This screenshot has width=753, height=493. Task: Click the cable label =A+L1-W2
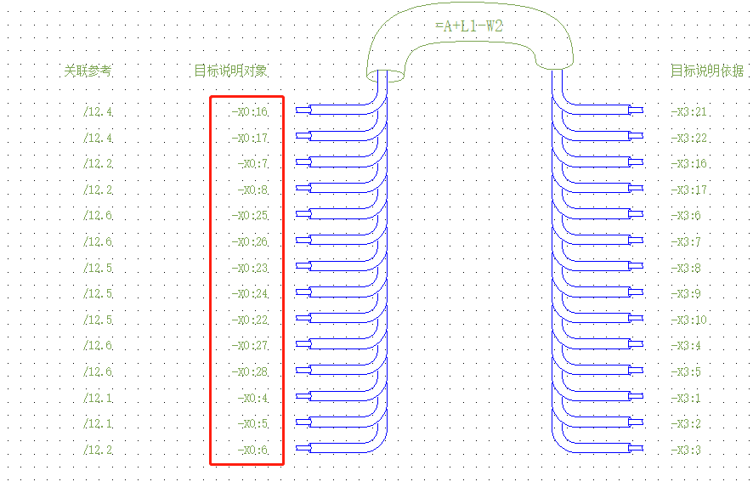(x=469, y=26)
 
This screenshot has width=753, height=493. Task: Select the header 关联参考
(x=88, y=71)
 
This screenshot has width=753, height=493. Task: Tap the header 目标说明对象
(x=231, y=71)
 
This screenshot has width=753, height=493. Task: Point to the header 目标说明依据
(x=707, y=71)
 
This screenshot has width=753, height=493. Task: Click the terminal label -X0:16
(x=250, y=111)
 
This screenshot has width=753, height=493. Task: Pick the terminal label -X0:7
(x=253, y=163)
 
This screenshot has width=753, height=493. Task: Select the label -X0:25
(x=250, y=216)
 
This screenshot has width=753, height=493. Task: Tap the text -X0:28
(x=250, y=372)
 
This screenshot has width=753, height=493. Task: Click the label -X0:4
(x=253, y=399)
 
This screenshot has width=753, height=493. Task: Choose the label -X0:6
(x=253, y=450)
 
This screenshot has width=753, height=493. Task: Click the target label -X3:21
(x=688, y=111)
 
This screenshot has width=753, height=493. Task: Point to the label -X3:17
(x=688, y=190)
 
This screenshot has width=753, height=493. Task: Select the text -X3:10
(x=688, y=320)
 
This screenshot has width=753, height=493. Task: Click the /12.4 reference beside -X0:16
(x=98, y=111)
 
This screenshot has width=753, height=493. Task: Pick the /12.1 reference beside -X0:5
(x=98, y=424)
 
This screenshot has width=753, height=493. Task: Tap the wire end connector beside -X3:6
(x=634, y=214)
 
